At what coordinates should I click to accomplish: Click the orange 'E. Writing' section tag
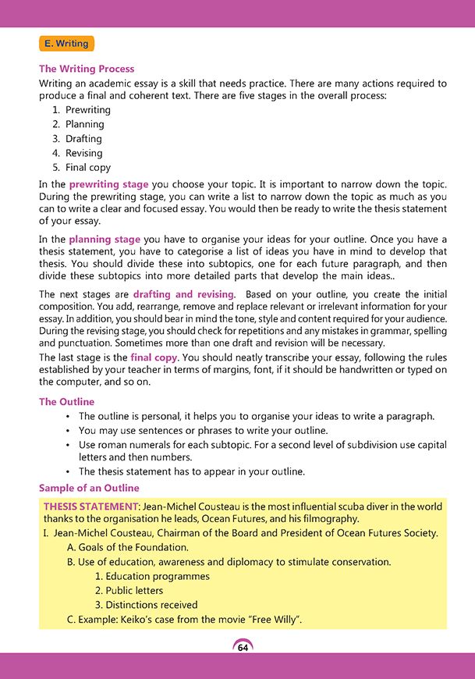67,44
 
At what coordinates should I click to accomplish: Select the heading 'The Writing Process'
87,69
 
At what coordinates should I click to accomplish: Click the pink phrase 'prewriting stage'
108,184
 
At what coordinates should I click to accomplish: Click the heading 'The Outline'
66,402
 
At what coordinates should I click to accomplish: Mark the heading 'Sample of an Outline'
89,488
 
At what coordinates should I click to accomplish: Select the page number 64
243,648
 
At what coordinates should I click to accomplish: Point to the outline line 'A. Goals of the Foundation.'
128,547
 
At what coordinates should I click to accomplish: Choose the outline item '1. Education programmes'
152,576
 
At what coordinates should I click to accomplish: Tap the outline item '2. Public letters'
129,591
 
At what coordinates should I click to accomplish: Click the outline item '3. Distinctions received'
147,605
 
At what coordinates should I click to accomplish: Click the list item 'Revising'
83,153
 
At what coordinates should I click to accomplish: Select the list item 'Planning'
84,124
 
